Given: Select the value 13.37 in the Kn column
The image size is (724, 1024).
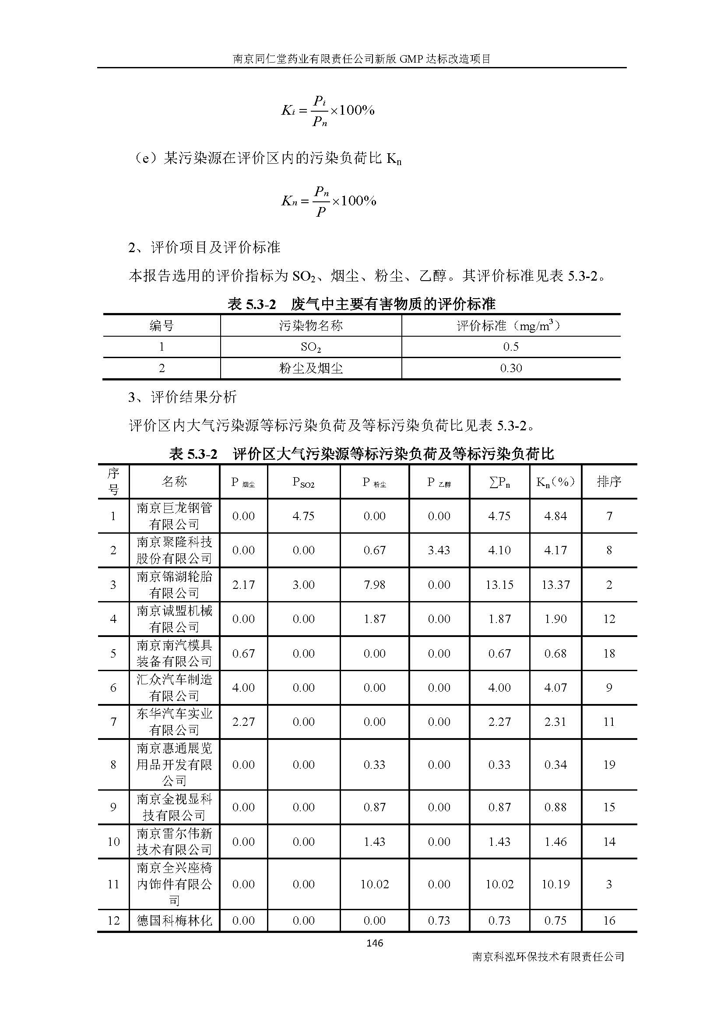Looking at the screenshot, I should click(x=555, y=585).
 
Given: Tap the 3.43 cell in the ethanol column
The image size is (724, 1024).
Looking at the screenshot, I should click(x=439, y=550).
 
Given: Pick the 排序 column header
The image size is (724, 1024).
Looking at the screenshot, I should click(x=609, y=481).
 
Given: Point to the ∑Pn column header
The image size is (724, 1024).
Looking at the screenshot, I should click(x=499, y=482).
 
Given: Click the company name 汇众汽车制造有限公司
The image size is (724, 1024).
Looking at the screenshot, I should click(x=174, y=687).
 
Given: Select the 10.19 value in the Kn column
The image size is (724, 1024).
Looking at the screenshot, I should click(x=555, y=884).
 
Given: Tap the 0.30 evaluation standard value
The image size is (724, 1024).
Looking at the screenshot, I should click(x=511, y=368).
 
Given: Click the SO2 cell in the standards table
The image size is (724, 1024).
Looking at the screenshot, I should click(x=311, y=347).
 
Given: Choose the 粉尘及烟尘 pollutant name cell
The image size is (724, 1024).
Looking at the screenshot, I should click(x=311, y=368).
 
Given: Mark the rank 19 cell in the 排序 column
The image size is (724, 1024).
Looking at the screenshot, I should click(x=609, y=764).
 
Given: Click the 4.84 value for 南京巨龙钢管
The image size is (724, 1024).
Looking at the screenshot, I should click(x=555, y=516).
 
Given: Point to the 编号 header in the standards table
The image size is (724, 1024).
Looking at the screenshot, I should click(x=162, y=326).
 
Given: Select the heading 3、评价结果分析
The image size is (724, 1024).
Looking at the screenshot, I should click(x=183, y=397).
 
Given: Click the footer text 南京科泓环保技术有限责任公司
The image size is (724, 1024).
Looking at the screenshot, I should click(x=548, y=957).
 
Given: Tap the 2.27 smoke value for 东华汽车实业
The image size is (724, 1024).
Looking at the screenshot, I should click(x=243, y=721).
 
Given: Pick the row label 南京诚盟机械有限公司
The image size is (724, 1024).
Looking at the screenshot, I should click(x=174, y=619).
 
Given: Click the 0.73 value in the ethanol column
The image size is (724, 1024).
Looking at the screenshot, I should click(x=439, y=921).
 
